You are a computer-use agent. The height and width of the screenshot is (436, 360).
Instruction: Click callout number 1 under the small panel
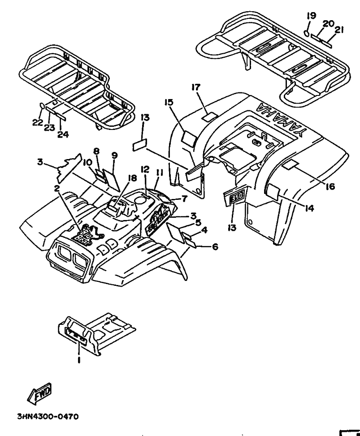point(79,359)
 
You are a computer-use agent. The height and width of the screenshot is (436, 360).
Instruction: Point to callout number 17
point(196,87)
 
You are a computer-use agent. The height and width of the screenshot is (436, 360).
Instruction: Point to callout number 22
point(37,122)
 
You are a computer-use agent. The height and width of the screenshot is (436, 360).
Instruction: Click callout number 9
point(114,155)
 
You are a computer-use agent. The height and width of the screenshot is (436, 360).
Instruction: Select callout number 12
point(144,169)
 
